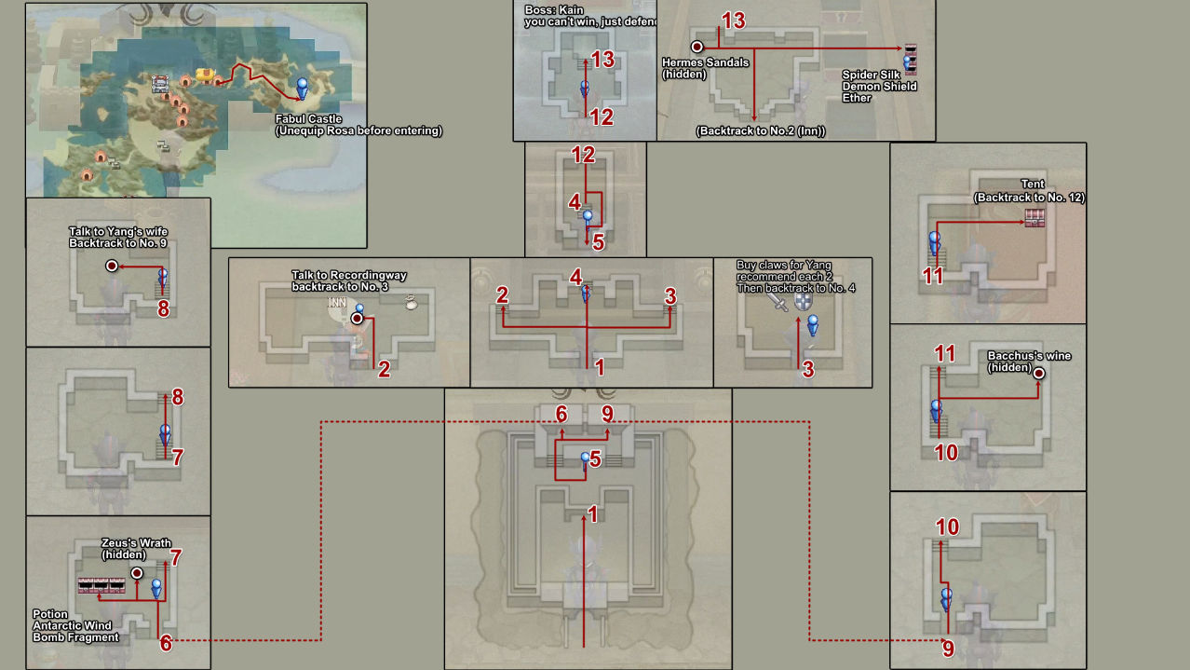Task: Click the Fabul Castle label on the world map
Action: tap(309, 119)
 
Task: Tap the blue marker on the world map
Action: tap(302, 89)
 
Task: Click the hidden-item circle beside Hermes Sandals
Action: tap(696, 46)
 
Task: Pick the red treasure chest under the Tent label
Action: tap(1034, 218)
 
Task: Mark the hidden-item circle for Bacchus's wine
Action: tap(1039, 373)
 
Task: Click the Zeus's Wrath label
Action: tap(136, 543)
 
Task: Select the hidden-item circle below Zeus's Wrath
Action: tap(137, 572)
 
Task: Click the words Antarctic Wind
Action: tap(72, 625)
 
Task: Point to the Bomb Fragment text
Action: tap(75, 636)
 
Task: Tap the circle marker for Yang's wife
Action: tap(112, 266)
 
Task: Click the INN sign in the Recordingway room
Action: tap(337, 302)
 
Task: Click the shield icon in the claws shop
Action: tap(803, 302)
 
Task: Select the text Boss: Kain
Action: tap(549, 10)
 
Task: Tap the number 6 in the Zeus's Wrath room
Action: tap(166, 642)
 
